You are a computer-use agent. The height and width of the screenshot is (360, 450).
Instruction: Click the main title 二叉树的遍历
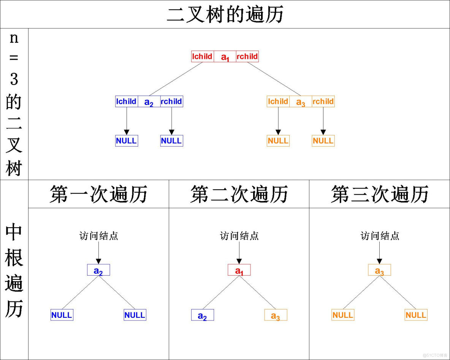point(225,14)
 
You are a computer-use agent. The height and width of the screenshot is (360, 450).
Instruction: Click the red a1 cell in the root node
point(225,57)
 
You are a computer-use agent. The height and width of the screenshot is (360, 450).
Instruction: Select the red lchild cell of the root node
point(203,56)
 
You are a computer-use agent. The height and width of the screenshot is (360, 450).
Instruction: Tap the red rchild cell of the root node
point(247,56)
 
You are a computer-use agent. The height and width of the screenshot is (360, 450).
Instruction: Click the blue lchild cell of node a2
point(127,101)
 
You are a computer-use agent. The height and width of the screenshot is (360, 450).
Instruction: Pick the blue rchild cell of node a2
point(171,101)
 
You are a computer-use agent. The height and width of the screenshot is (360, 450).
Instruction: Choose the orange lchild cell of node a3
point(278,101)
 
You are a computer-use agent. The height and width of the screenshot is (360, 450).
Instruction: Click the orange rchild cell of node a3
point(323,101)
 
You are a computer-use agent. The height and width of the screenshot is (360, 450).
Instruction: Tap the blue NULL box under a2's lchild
point(127,141)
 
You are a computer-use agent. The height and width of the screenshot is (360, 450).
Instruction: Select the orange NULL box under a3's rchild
point(323,141)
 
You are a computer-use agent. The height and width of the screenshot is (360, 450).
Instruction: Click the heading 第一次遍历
point(98,194)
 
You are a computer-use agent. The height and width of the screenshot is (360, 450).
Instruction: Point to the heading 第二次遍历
point(239,194)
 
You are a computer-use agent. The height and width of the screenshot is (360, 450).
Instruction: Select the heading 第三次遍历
point(380,194)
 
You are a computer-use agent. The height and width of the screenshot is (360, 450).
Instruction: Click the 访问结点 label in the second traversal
point(239,236)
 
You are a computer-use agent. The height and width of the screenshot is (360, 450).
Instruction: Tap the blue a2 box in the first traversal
point(98,270)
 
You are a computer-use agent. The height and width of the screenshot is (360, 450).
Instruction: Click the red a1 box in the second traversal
point(239,270)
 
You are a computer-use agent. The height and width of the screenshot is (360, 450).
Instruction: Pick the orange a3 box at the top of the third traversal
point(379,270)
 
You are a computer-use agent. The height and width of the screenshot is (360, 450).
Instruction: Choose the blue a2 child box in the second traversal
point(203,315)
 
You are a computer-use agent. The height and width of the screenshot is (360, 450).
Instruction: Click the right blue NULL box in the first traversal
point(135,315)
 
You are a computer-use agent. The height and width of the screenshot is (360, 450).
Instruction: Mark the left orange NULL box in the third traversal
point(343,315)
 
